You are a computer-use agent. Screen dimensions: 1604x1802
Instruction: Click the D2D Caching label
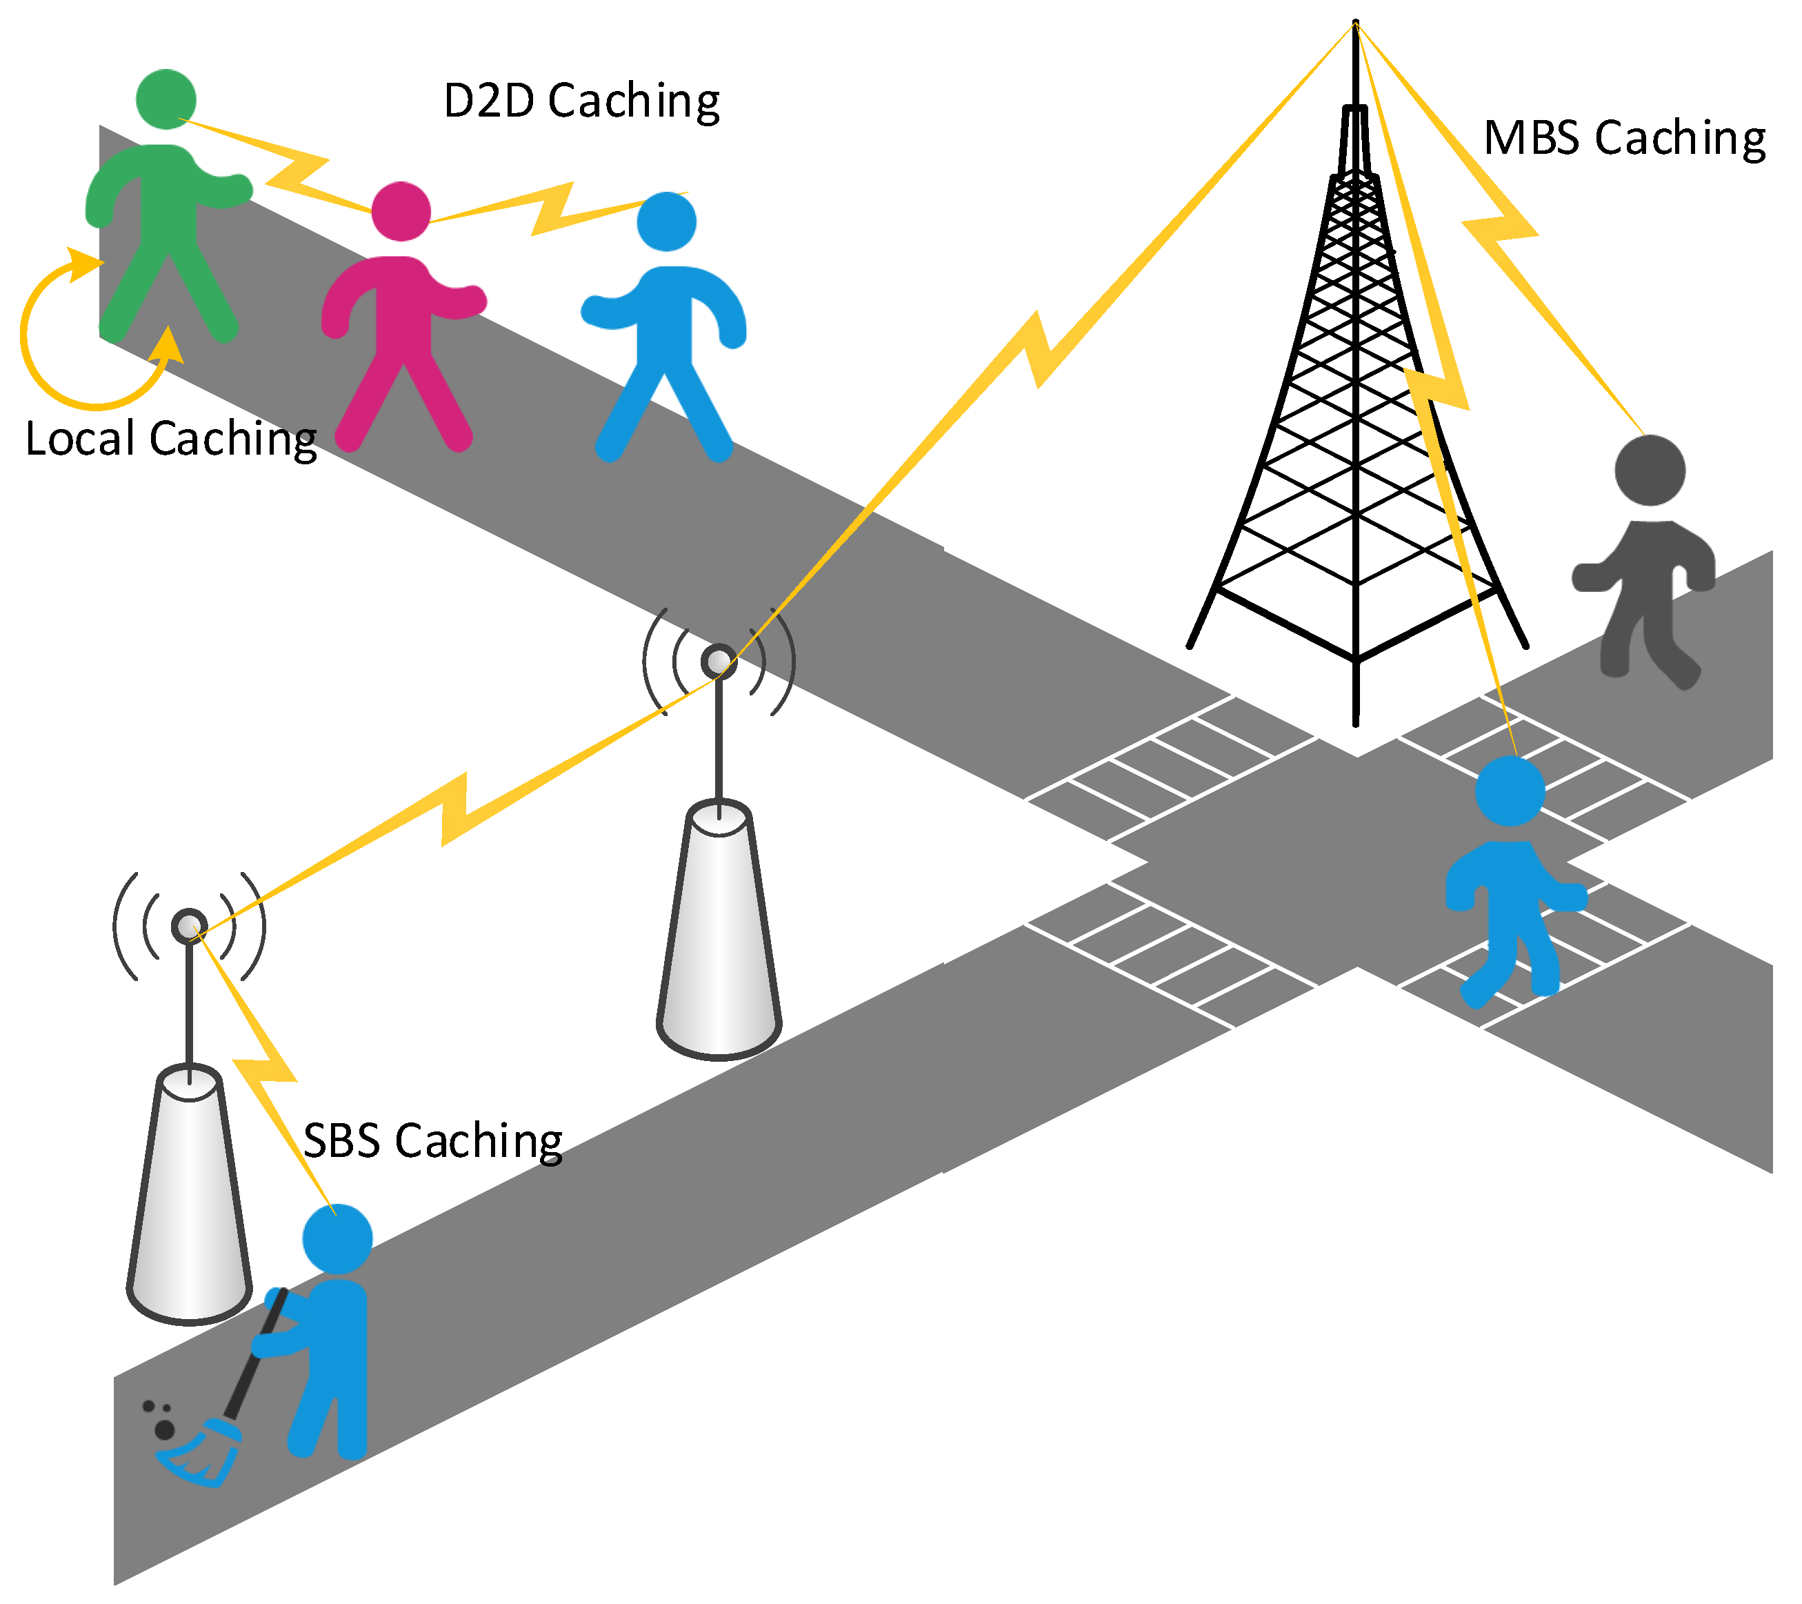coord(582,101)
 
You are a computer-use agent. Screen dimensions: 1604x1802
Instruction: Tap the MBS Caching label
coord(1625,139)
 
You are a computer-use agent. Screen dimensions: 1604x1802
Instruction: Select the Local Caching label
coord(171,438)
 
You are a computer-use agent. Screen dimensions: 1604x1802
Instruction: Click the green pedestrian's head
coord(166,99)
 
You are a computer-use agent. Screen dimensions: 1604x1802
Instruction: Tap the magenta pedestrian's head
coord(401,212)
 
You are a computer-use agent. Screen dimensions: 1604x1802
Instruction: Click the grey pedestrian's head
coord(1650,470)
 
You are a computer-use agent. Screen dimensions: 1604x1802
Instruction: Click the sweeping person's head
coord(338,1239)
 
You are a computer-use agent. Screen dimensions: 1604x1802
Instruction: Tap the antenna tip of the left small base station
coord(189,926)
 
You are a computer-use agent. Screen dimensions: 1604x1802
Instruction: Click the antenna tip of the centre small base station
coord(719,662)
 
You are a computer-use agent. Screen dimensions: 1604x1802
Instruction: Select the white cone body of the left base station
coord(190,1199)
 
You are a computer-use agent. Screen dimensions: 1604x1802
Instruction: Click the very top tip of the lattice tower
coord(1356,22)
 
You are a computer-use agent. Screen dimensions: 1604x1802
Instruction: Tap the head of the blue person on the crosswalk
coord(1510,791)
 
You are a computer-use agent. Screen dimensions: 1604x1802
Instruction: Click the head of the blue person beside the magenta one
coord(666,221)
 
